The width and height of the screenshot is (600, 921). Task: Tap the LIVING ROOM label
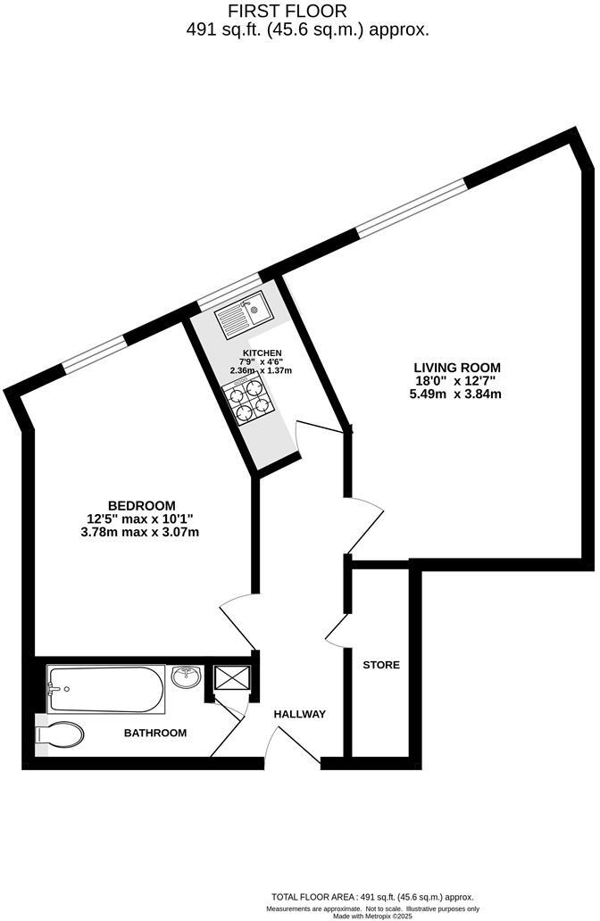pos(456,367)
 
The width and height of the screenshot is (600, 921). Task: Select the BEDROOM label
pos(142,505)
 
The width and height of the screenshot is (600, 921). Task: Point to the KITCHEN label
pos(262,353)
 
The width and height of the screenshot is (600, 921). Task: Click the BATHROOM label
pos(155,734)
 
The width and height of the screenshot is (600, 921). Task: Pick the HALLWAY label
pos(299,714)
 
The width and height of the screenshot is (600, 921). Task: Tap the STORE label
pos(381,665)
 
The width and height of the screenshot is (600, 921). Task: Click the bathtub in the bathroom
pos(105,690)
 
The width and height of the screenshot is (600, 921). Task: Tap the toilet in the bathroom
pos(61,735)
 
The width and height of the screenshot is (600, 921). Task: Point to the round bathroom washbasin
pos(186,677)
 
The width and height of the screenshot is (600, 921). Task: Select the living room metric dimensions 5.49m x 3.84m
pos(455,394)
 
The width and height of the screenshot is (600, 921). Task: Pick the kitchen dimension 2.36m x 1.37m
pos(262,370)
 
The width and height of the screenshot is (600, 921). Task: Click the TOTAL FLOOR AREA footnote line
pos(373,896)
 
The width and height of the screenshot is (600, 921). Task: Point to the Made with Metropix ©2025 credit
pos(373,916)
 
